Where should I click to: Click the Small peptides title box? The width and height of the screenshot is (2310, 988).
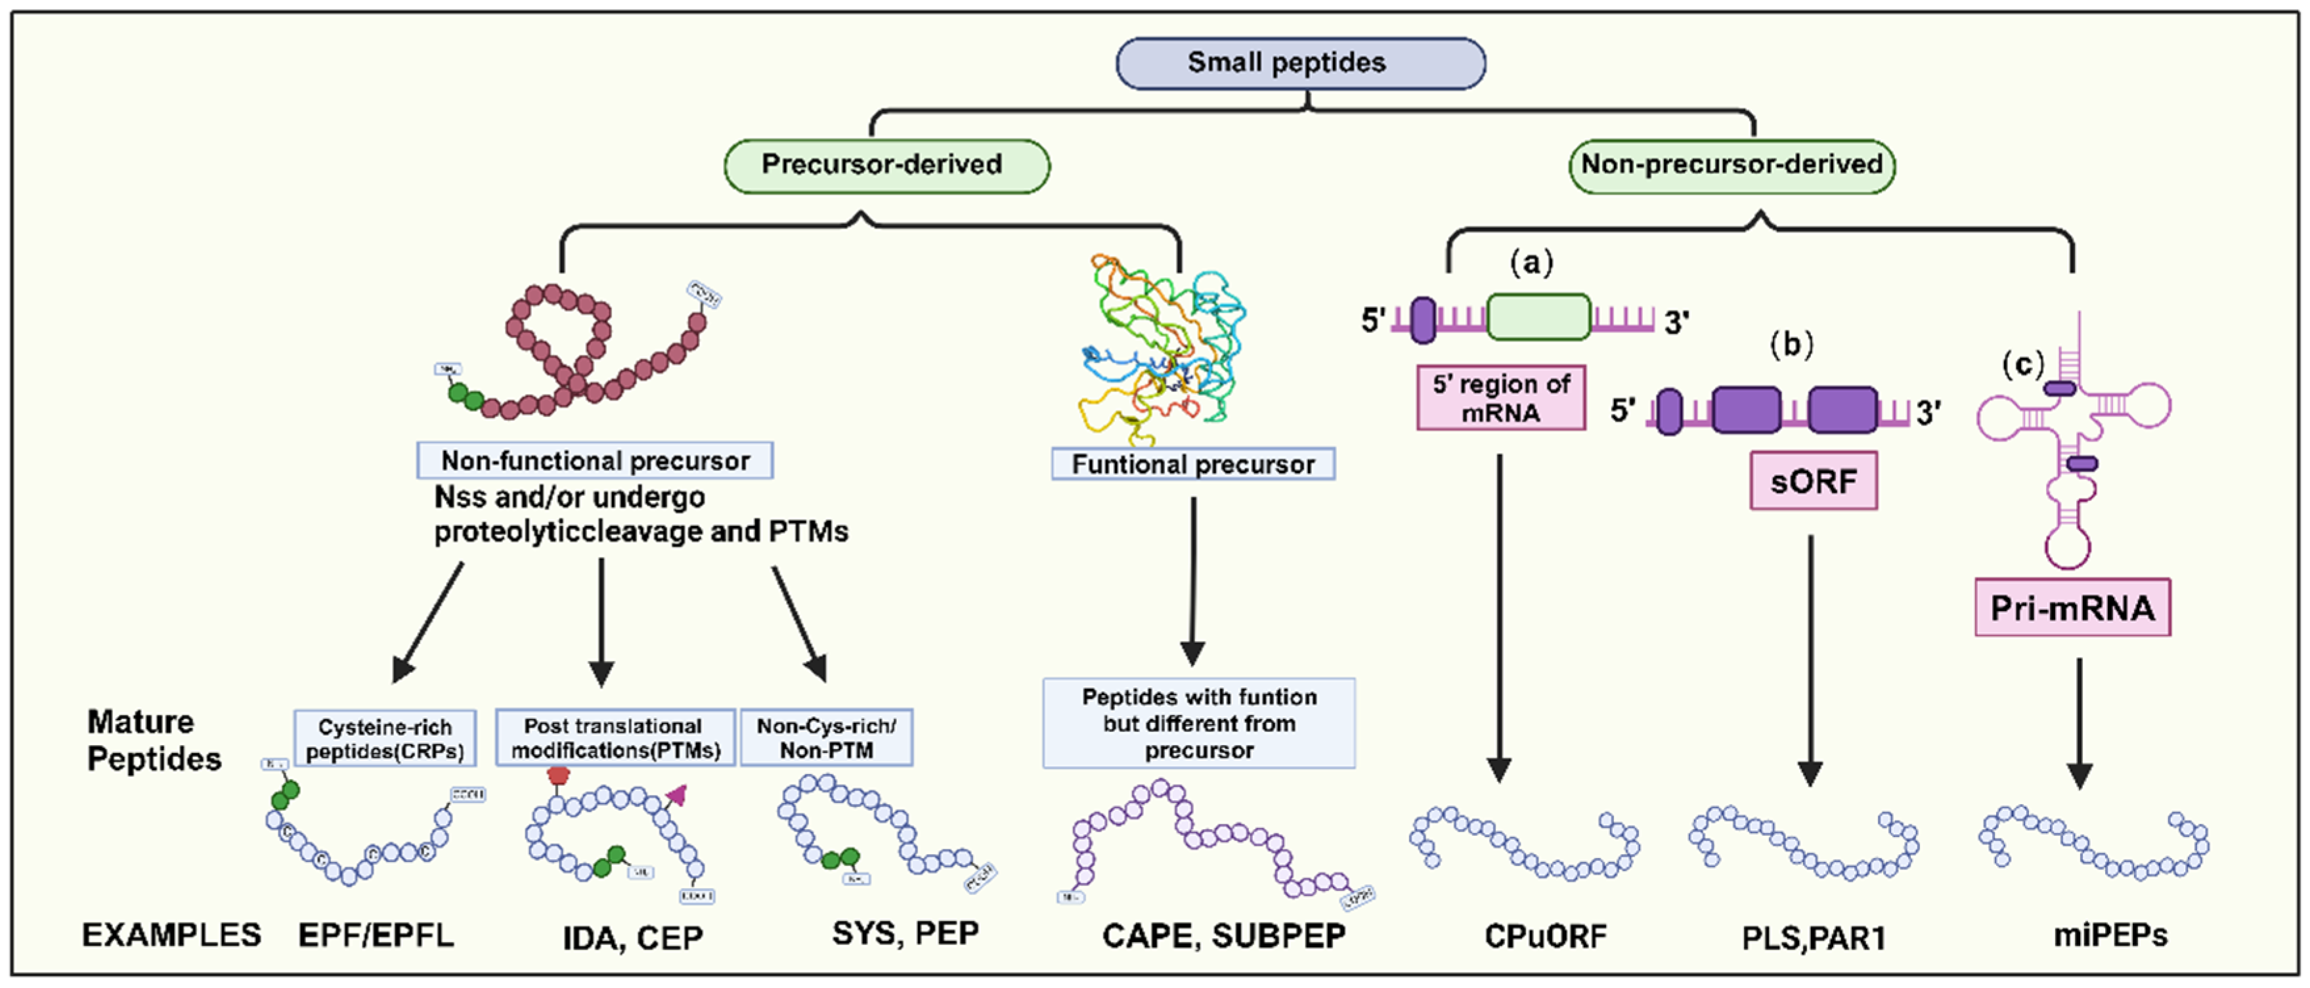(1299, 63)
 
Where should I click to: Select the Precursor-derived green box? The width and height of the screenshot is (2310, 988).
(886, 165)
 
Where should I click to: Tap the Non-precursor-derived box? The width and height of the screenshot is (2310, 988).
(1731, 165)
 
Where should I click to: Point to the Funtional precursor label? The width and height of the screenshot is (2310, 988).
(1192, 463)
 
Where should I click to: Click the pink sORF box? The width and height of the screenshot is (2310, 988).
(1812, 481)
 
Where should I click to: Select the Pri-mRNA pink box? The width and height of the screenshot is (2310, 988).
(2072, 608)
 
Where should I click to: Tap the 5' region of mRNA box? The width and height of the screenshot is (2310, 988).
(1500, 397)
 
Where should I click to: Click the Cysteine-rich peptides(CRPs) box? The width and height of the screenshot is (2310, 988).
(385, 738)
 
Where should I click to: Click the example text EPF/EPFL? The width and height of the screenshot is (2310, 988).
(376, 935)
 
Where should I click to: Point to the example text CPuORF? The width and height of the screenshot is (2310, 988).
(1545, 936)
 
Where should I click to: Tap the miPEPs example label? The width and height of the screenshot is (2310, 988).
(2109, 935)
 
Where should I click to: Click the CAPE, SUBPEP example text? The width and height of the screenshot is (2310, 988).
(1223, 936)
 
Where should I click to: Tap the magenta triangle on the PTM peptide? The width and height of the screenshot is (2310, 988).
(677, 794)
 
